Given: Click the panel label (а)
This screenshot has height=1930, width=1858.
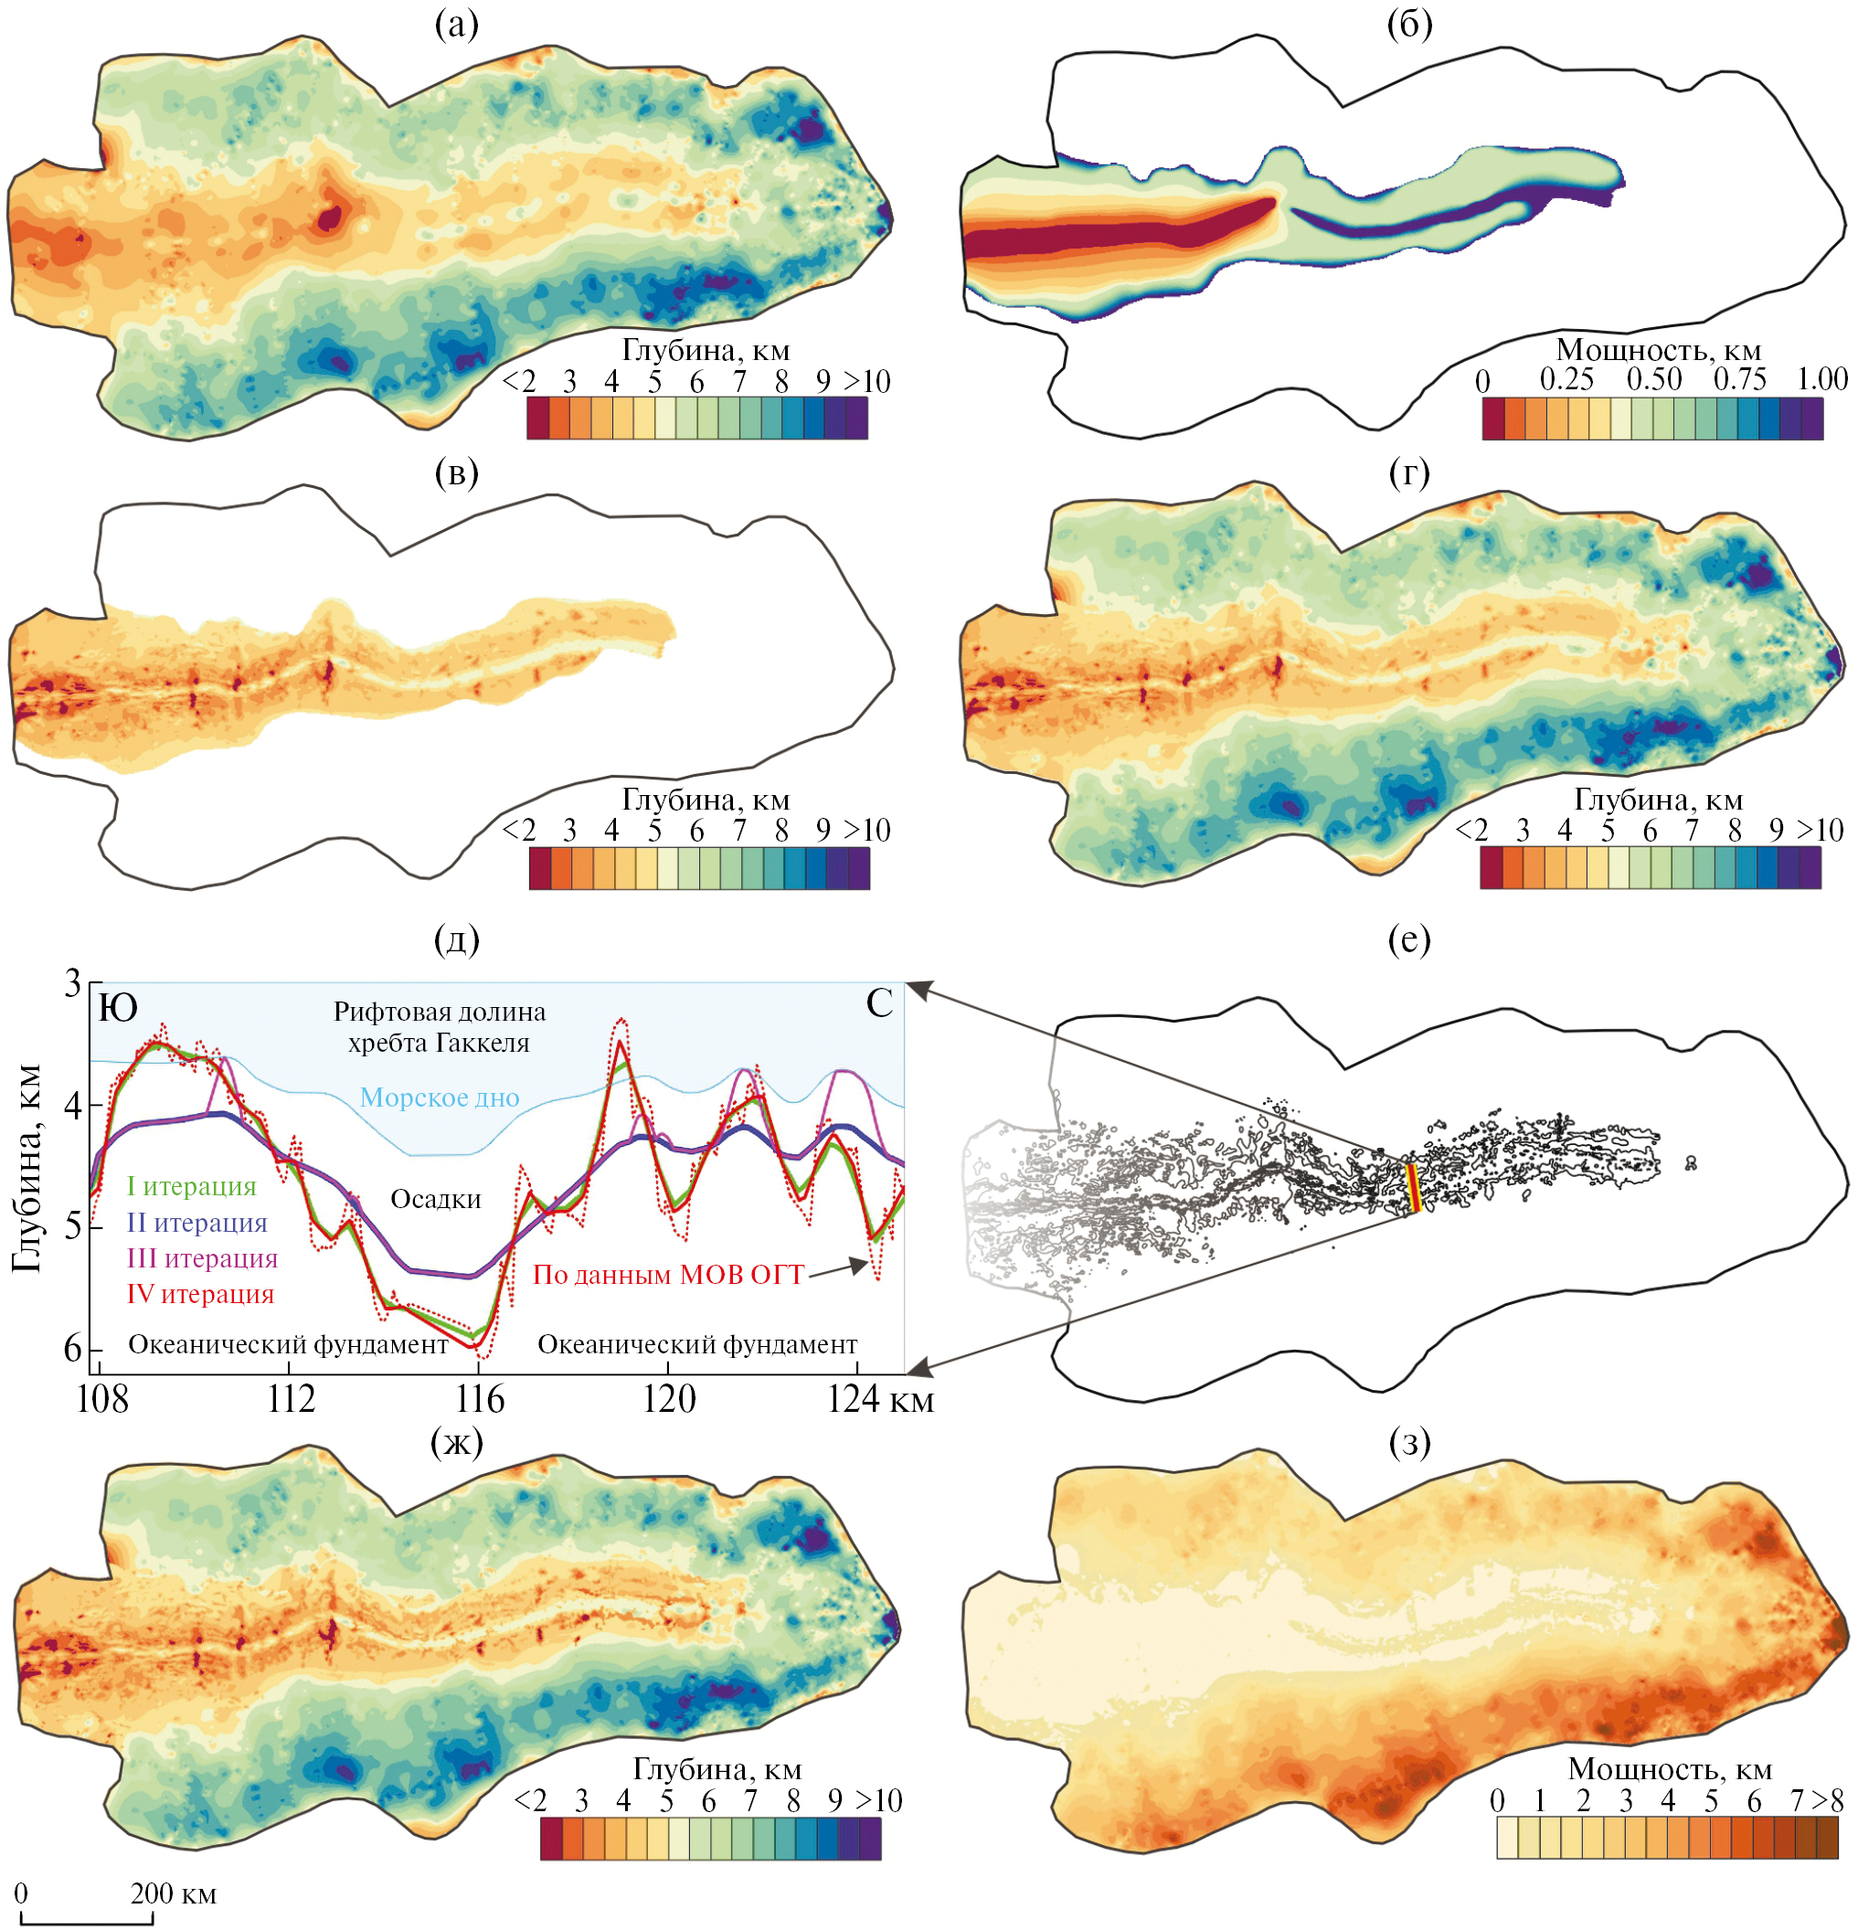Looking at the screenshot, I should (x=456, y=25).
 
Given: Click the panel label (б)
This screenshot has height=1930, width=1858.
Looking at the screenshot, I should (x=1409, y=25).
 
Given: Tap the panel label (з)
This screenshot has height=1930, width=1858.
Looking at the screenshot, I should (x=1409, y=1443).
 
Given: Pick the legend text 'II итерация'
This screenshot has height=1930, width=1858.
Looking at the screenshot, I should (x=196, y=1223).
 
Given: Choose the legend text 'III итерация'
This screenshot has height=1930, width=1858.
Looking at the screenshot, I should (x=202, y=1258).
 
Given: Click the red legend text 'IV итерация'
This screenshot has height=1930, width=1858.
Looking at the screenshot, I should (x=200, y=1294).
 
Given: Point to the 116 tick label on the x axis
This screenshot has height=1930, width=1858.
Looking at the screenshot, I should (x=480, y=1399).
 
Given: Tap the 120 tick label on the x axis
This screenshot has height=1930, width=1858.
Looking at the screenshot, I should (x=669, y=1399).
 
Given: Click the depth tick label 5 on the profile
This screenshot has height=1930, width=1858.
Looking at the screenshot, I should (x=72, y=1227).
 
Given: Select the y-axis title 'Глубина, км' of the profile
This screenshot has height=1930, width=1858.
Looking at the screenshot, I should (x=27, y=1169).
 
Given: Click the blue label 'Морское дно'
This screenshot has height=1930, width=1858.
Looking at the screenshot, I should (x=440, y=1097).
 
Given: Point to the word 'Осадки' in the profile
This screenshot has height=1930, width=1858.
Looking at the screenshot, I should (x=435, y=1199).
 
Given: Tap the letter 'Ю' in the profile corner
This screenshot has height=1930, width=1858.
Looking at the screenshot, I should (x=118, y=1007).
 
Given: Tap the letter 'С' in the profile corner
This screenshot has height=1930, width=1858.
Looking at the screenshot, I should (x=878, y=1004).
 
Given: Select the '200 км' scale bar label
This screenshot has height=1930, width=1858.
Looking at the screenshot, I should (x=174, y=1893).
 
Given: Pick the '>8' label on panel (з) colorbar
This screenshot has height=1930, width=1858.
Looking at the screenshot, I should (x=1829, y=1801).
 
